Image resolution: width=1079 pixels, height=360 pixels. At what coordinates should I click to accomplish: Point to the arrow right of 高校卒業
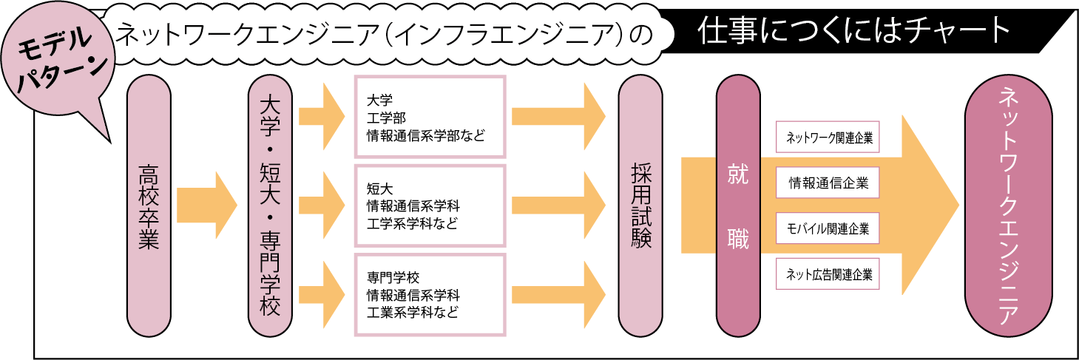[x=207, y=206]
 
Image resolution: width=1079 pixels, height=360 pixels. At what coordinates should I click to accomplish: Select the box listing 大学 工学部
[x=430, y=116]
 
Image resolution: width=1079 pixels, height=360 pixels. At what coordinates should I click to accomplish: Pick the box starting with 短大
[x=430, y=205]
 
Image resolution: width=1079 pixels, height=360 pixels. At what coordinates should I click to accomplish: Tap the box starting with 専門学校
[x=430, y=294]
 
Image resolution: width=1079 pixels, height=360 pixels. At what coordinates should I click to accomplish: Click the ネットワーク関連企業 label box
[x=828, y=137]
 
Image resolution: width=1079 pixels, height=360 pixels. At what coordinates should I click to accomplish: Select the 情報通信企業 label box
[x=828, y=183]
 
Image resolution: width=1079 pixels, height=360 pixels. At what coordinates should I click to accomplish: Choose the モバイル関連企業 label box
[x=828, y=228]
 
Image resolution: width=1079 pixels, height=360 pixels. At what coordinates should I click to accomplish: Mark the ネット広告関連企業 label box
[x=828, y=275]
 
